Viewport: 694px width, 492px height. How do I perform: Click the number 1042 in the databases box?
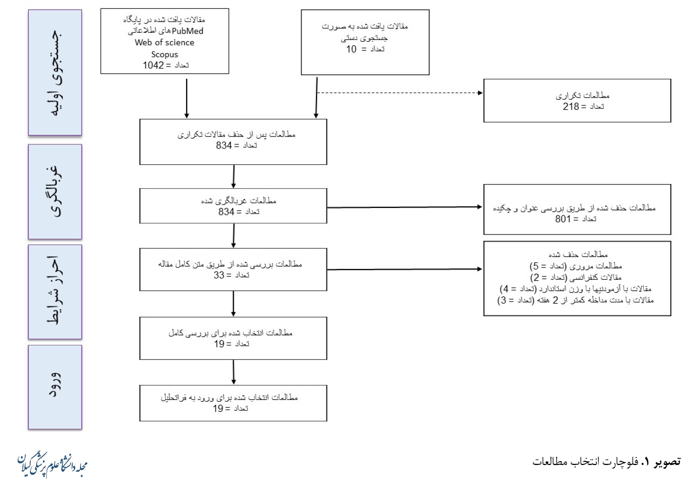153,65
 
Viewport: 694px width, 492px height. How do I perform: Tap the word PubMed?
187,31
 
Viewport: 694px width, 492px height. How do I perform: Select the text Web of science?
164,42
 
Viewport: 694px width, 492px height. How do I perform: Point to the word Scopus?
164,54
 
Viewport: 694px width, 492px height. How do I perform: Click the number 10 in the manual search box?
351,49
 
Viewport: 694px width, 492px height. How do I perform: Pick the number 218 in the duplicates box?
571,106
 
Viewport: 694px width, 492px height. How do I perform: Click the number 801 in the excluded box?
563,219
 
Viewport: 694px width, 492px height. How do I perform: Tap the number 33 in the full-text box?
219,275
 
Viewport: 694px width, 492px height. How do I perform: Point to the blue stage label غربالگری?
55,192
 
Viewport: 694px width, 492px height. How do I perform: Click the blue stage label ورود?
55,387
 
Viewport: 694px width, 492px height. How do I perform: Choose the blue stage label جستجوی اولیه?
55,73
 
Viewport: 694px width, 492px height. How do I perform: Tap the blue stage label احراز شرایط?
55,292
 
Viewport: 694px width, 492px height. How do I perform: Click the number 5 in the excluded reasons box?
536,266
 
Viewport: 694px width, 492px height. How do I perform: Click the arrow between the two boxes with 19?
233,372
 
